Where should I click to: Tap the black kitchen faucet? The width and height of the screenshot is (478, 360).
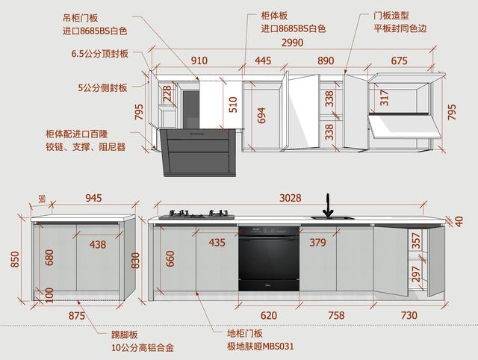coord(327,205)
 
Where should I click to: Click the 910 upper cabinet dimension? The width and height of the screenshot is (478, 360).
coord(199,60)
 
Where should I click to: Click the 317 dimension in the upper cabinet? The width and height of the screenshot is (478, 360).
coord(385,98)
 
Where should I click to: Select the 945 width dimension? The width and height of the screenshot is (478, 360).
coord(93,198)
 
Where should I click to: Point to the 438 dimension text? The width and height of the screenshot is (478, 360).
coord(97,243)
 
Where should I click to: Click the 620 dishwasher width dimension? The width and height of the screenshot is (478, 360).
coord(269,315)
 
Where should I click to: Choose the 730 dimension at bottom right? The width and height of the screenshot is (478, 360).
coord(409,315)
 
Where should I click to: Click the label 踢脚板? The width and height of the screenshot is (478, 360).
coord(125,334)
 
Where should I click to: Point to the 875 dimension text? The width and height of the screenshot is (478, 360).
coord(77,315)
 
